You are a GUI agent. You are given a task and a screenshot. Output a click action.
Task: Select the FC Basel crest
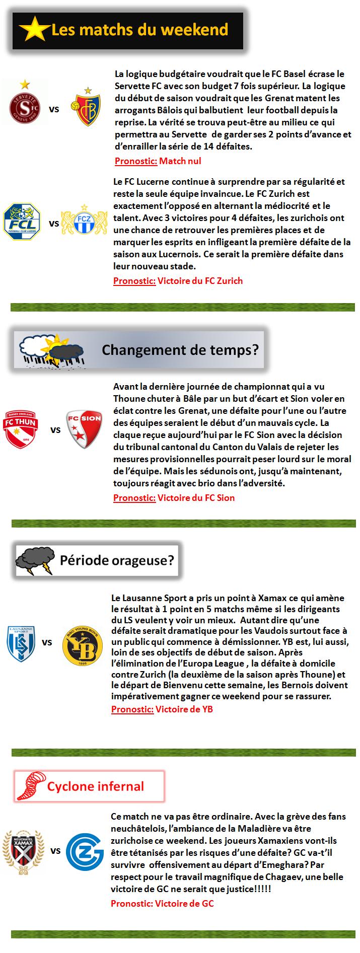tap(89, 107)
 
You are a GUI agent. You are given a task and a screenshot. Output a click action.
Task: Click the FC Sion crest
tap(85, 429)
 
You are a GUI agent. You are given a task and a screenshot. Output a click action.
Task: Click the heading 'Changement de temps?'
tap(180, 349)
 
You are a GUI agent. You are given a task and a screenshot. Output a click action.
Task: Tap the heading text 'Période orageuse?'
tap(117, 560)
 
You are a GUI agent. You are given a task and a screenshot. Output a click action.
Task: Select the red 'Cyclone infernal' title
tap(96, 786)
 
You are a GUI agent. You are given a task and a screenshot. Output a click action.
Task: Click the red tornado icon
tap(30, 786)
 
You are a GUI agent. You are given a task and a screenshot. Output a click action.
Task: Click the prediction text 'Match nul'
tap(180, 161)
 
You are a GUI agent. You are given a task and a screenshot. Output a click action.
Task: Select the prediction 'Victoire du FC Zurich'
tap(200, 280)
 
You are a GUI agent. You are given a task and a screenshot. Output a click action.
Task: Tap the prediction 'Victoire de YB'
tap(184, 709)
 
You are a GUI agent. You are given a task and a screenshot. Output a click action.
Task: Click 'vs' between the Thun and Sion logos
tap(55, 430)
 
